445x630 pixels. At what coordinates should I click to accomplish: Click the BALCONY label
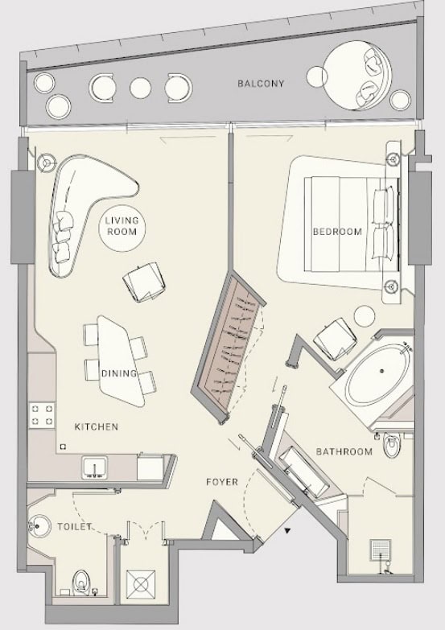tap(261, 84)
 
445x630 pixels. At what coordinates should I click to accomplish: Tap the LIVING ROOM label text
tap(122, 226)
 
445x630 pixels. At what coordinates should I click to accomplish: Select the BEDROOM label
tap(337, 232)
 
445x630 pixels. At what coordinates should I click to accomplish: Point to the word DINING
tap(118, 373)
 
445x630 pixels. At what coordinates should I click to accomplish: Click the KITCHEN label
tap(97, 426)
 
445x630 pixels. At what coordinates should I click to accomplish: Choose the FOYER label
tap(222, 482)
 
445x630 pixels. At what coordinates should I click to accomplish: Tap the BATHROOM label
tap(344, 451)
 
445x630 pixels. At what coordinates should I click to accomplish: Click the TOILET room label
tap(75, 526)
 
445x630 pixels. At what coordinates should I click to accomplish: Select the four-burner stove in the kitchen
tap(42, 415)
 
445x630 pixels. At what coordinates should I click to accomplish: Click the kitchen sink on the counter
tap(95, 467)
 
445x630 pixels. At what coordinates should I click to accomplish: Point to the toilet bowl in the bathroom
tap(391, 445)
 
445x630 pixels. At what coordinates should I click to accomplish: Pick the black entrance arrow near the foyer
tap(287, 531)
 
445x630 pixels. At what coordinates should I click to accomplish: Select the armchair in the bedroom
tap(335, 340)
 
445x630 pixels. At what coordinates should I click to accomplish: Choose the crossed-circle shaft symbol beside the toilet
tap(140, 585)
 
